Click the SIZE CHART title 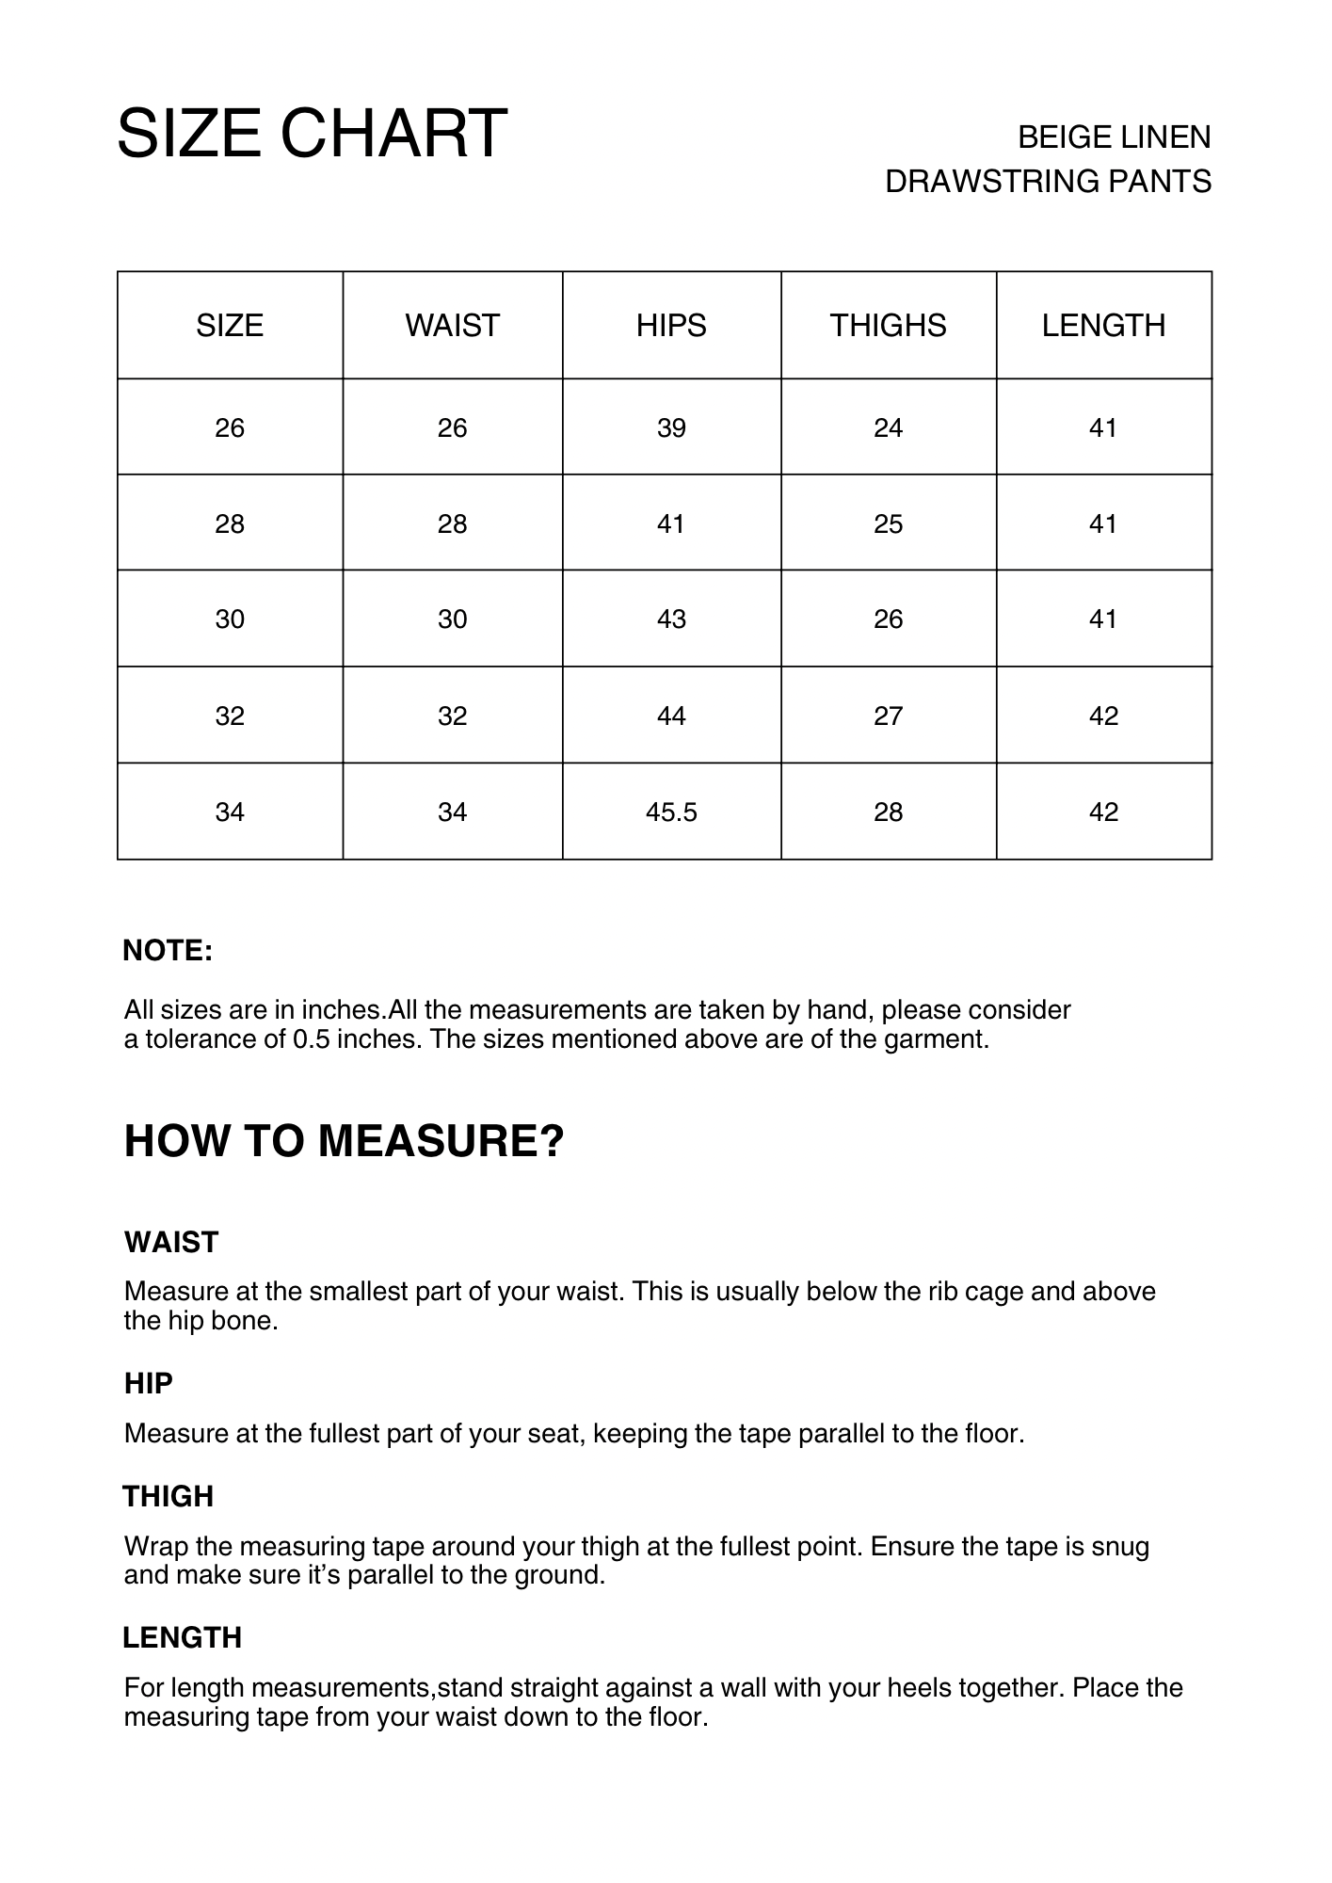(312, 133)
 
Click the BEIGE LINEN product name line (1114, 137)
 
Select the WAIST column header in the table (452, 326)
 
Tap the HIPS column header (671, 326)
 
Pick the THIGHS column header (888, 326)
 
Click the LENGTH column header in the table (1103, 326)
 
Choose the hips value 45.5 (671, 812)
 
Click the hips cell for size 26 (671, 428)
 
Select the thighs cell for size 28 (888, 523)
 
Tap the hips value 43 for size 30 (671, 620)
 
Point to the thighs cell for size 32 (888, 716)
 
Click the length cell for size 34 (1103, 812)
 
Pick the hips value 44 (671, 716)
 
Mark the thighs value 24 (888, 428)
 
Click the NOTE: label (168, 951)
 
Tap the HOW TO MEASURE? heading (344, 1141)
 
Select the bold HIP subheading (149, 1383)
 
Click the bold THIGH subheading (169, 1496)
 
